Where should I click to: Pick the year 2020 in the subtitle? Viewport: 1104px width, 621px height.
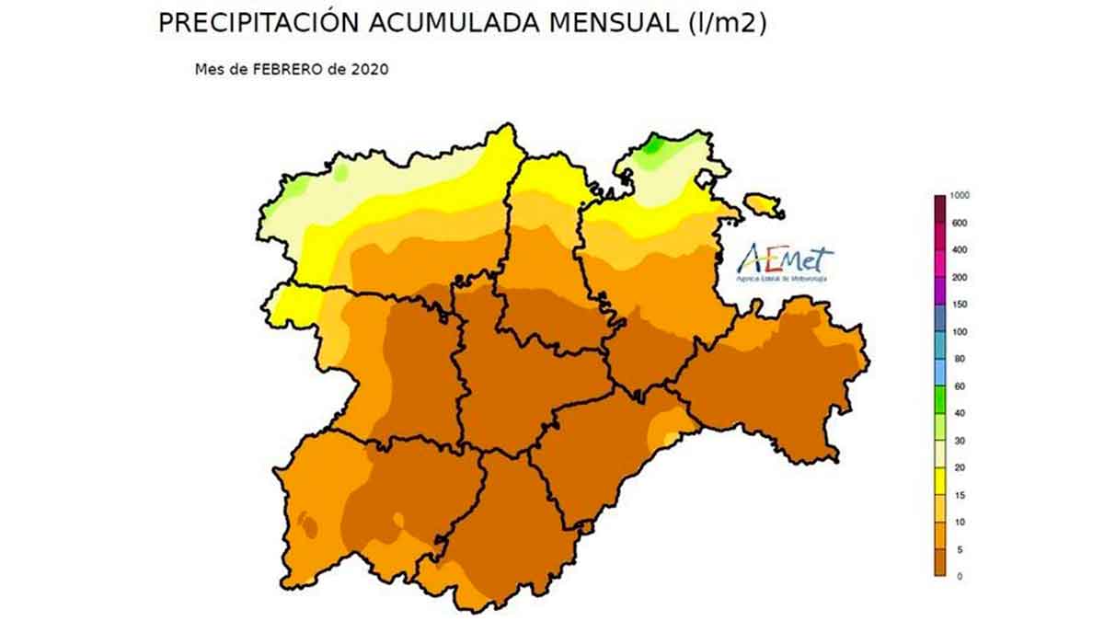(x=371, y=69)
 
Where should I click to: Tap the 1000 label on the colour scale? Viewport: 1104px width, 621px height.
(x=960, y=196)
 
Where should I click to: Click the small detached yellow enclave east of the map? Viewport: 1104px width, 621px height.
(x=763, y=203)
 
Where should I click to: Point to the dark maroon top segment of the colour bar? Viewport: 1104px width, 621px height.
(x=939, y=209)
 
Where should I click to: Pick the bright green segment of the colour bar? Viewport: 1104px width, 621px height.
(x=939, y=399)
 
